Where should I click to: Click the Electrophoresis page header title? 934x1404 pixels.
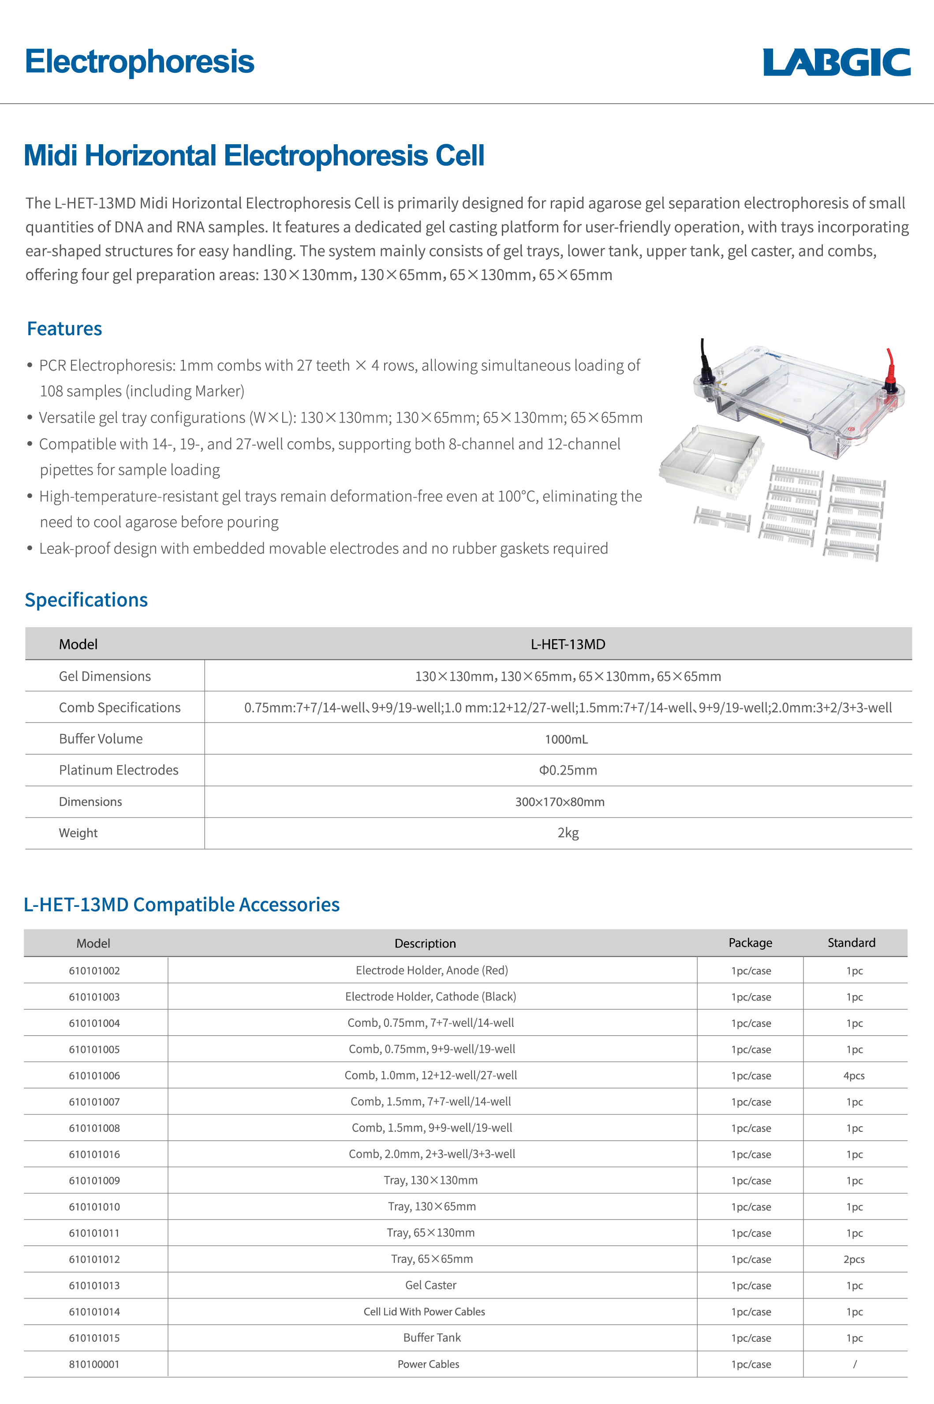pyautogui.click(x=139, y=61)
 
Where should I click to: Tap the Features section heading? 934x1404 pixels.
pyautogui.click(x=64, y=329)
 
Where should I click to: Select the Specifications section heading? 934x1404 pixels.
pyautogui.click(x=86, y=600)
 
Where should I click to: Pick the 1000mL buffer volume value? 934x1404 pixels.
pyautogui.click(x=566, y=739)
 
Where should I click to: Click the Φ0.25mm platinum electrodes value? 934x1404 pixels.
pyautogui.click(x=568, y=770)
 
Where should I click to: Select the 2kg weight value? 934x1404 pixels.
pyautogui.click(x=568, y=833)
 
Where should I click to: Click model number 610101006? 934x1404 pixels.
pyautogui.click(x=94, y=1076)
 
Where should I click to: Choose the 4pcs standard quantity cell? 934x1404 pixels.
pyautogui.click(x=854, y=1076)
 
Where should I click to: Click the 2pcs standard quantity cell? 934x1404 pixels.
pyautogui.click(x=854, y=1259)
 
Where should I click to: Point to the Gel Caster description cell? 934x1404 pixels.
pyautogui.click(x=431, y=1285)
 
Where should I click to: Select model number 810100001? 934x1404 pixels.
pyautogui.click(x=94, y=1364)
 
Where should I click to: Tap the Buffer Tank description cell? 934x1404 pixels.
pyautogui.click(x=432, y=1338)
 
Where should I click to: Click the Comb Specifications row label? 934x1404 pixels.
pyautogui.click(x=119, y=708)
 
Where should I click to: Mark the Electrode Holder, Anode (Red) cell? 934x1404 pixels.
pyautogui.click(x=432, y=970)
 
